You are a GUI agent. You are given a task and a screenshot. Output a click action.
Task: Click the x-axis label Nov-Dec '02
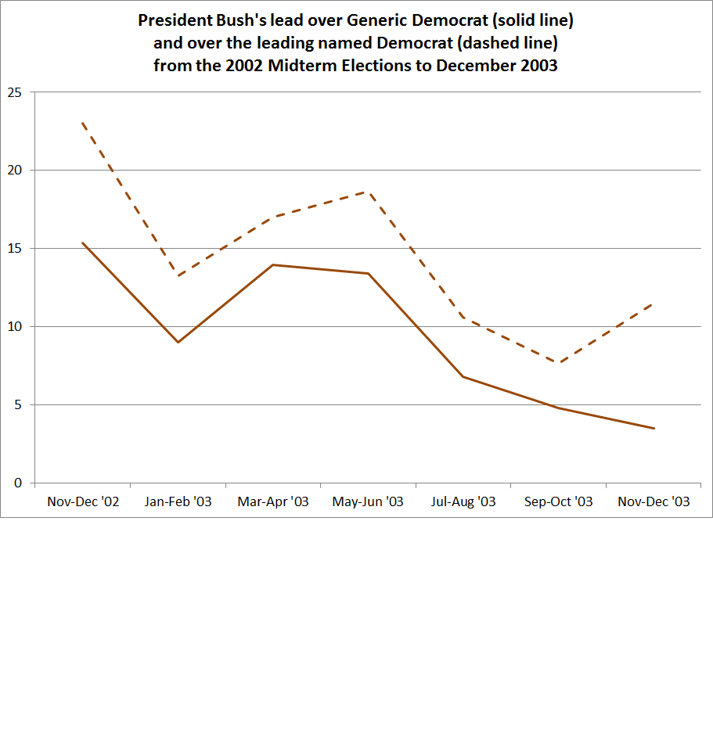[x=83, y=501]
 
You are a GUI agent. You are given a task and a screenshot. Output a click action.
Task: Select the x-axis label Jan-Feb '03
[x=178, y=501]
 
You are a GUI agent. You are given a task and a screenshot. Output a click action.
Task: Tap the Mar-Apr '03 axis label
[x=273, y=501]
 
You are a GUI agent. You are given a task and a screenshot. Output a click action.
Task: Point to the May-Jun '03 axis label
[x=368, y=501]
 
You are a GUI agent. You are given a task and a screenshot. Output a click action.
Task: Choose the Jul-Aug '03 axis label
[x=463, y=501]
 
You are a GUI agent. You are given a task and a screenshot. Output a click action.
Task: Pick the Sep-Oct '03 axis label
[x=558, y=501]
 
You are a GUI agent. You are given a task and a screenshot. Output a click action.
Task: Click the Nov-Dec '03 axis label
[x=654, y=501]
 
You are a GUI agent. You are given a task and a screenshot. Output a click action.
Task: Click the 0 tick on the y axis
[x=18, y=483]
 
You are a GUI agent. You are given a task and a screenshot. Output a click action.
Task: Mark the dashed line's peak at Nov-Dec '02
[x=83, y=123]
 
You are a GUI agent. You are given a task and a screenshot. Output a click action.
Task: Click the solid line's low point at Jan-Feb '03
[x=178, y=342]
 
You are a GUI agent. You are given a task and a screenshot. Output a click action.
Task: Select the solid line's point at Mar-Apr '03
[x=273, y=264]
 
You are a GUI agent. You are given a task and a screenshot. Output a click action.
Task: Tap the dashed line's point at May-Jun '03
[x=368, y=192]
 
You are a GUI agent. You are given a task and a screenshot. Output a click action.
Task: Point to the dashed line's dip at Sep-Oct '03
[x=558, y=363]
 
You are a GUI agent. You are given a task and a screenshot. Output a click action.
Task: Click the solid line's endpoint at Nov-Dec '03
[x=654, y=428]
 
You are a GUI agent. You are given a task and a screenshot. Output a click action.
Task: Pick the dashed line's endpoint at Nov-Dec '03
[x=654, y=304]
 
